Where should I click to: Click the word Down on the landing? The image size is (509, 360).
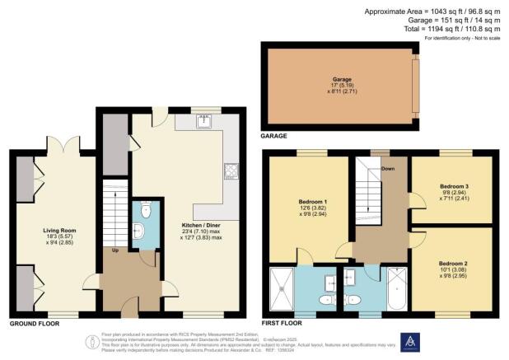coord(388,170)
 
